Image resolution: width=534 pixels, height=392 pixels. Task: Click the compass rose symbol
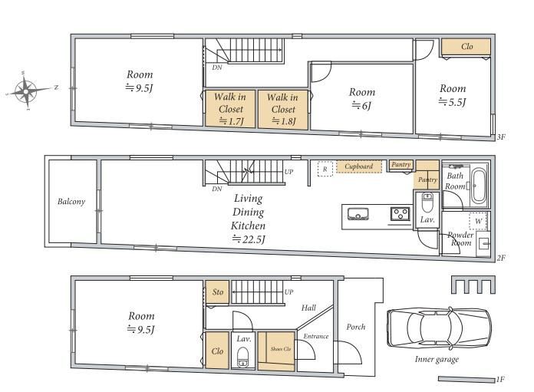click(x=26, y=91)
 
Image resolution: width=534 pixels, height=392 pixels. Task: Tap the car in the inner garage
click(x=439, y=328)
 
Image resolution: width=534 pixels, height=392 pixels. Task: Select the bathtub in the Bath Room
click(x=479, y=186)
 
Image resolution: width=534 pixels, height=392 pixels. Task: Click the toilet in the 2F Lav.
click(x=427, y=203)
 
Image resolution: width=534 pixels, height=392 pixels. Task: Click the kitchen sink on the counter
click(x=358, y=214)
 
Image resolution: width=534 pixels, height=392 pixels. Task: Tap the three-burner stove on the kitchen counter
click(x=400, y=214)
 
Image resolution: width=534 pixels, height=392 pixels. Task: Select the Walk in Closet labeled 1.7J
click(x=230, y=109)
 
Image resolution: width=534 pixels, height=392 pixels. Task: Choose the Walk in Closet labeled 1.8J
click(x=283, y=110)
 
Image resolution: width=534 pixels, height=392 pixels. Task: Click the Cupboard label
click(x=358, y=166)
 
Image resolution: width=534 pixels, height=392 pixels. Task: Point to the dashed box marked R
click(x=325, y=169)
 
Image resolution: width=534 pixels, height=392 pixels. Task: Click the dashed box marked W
click(x=478, y=222)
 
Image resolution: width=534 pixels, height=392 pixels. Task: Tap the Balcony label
click(x=71, y=202)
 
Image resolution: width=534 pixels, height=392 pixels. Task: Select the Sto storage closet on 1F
click(x=217, y=292)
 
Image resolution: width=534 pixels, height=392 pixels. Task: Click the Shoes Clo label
click(x=281, y=349)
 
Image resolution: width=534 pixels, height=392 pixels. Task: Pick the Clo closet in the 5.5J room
click(x=466, y=47)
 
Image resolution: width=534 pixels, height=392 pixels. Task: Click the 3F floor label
click(x=501, y=137)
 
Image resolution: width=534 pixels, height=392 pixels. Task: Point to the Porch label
click(x=356, y=327)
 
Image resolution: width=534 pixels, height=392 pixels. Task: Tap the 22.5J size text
click(x=249, y=239)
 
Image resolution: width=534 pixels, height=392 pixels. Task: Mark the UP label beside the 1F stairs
click(x=288, y=292)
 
